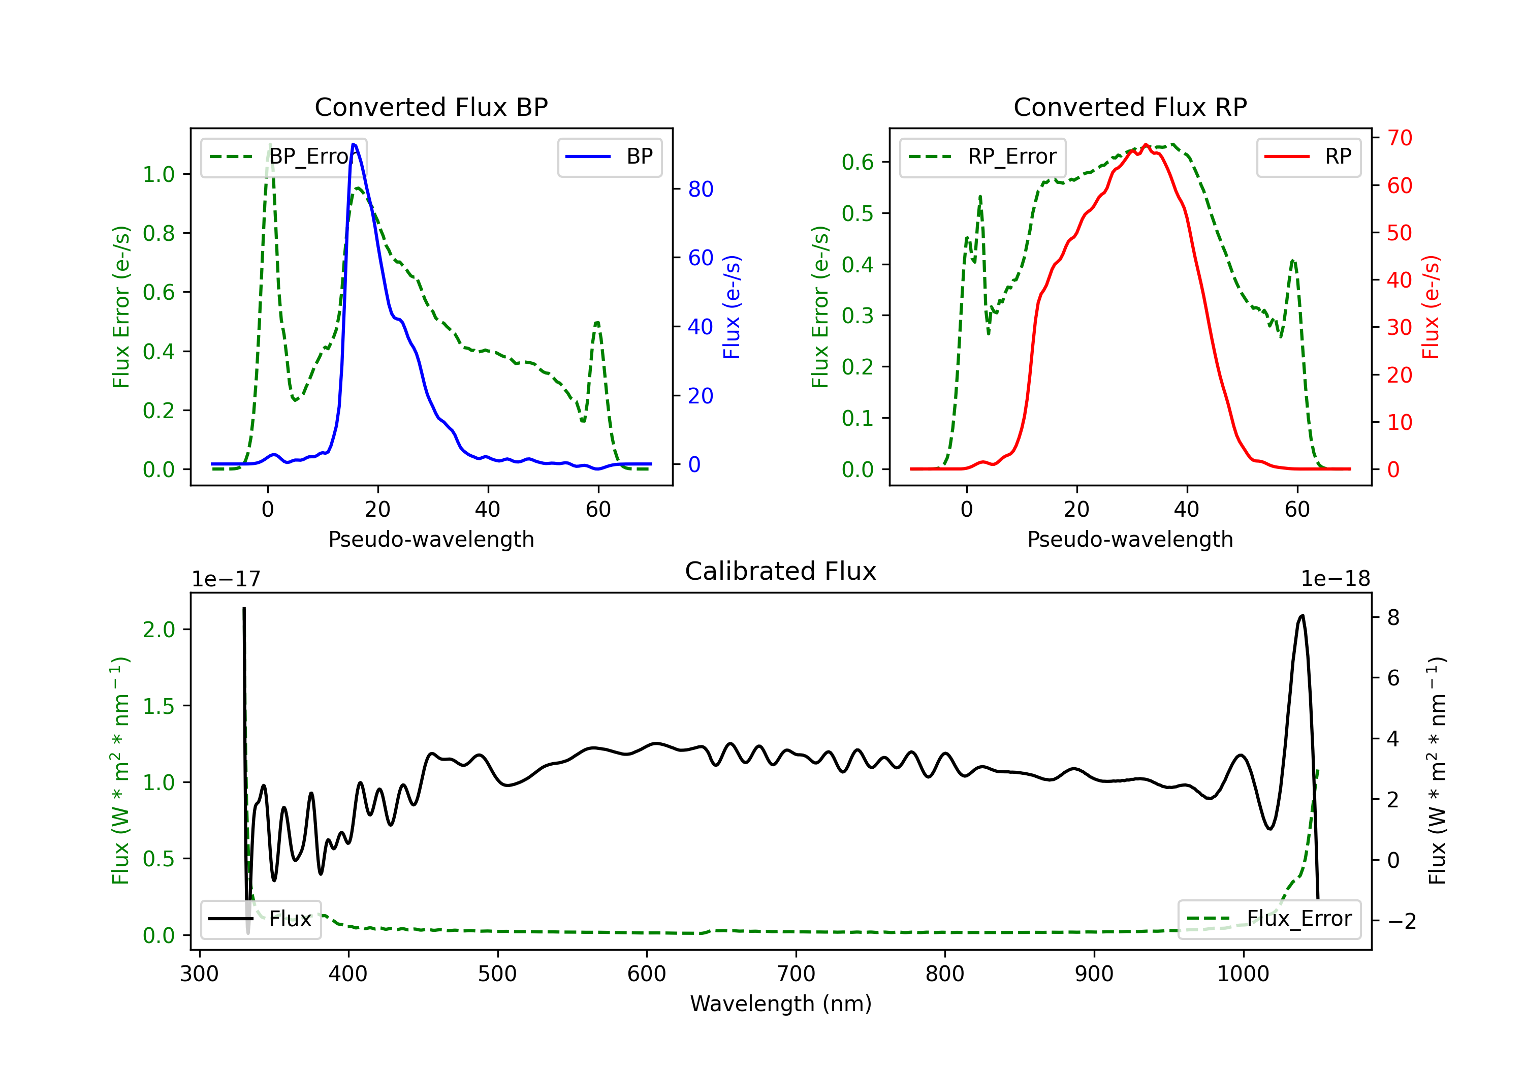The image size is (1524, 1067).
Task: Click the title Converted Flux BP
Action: coord(431,107)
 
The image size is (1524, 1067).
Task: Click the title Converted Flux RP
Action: coord(1130,107)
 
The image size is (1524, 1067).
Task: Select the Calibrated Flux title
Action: coord(781,571)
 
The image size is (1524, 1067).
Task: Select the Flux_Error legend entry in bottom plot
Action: coord(1268,919)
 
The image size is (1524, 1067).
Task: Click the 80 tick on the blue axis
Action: coord(700,189)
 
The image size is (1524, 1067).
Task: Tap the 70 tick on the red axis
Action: coord(1399,138)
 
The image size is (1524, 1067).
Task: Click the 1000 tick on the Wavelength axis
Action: coord(1243,974)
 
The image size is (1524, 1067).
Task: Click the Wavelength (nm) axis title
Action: coord(781,1003)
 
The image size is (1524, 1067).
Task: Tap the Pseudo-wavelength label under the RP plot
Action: coord(1130,539)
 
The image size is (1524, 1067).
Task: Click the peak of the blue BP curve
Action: coord(354,144)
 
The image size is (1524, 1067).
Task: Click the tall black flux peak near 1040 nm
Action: coord(1301,615)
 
